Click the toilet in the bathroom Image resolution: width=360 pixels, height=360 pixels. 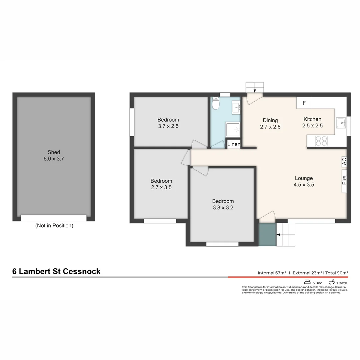pyautogui.click(x=216, y=103)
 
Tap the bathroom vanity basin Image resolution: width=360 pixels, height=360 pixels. pyautogui.click(x=236, y=107)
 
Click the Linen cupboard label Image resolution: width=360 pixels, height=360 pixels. pyautogui.click(x=234, y=144)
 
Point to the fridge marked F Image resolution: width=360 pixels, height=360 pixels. pyautogui.click(x=304, y=103)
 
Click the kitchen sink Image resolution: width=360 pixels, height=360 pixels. pyautogui.click(x=341, y=123)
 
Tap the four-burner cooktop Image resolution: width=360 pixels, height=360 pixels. pyautogui.click(x=321, y=141)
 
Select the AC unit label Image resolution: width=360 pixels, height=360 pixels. pyautogui.click(x=344, y=161)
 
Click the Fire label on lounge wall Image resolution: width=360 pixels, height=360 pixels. pyautogui.click(x=344, y=180)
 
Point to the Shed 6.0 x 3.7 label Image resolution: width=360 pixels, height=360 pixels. pyautogui.click(x=54, y=155)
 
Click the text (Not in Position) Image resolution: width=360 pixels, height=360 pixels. pyautogui.click(x=54, y=226)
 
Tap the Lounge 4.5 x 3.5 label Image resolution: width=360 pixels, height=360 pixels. pyautogui.click(x=304, y=181)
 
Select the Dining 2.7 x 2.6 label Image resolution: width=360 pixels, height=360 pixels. pyautogui.click(x=270, y=124)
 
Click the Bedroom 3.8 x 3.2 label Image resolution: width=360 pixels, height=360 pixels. pyautogui.click(x=223, y=204)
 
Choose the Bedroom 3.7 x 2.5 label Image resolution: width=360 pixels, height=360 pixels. pyautogui.click(x=168, y=123)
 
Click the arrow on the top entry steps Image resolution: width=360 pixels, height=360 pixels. pyautogui.click(x=255, y=91)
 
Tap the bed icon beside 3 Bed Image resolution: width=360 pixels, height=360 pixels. pyautogui.click(x=307, y=282)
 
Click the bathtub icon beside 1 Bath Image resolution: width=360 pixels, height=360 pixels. pyautogui.click(x=332, y=282)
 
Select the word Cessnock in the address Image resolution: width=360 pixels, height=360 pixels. pyautogui.click(x=82, y=271)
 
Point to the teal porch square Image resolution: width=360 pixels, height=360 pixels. pyautogui.click(x=267, y=235)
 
